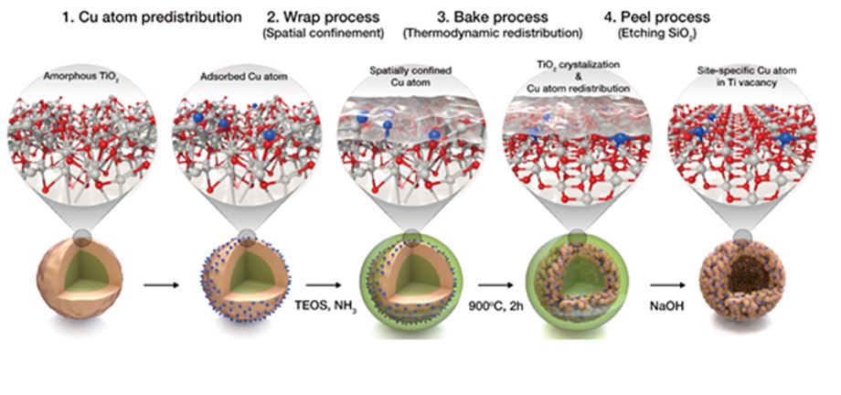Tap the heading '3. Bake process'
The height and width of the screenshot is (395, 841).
coord(468,16)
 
